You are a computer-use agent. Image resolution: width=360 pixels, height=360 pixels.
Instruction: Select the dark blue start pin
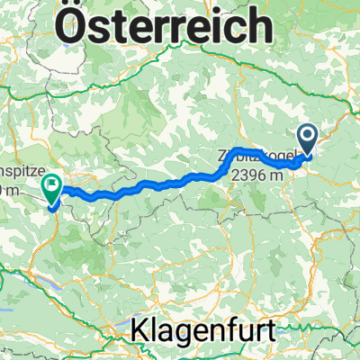pyautogui.click(x=308, y=139)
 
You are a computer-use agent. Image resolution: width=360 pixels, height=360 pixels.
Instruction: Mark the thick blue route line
pyautogui.click(x=162, y=184)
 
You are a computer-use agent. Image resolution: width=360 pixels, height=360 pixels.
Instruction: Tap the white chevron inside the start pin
pyautogui.click(x=308, y=136)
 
